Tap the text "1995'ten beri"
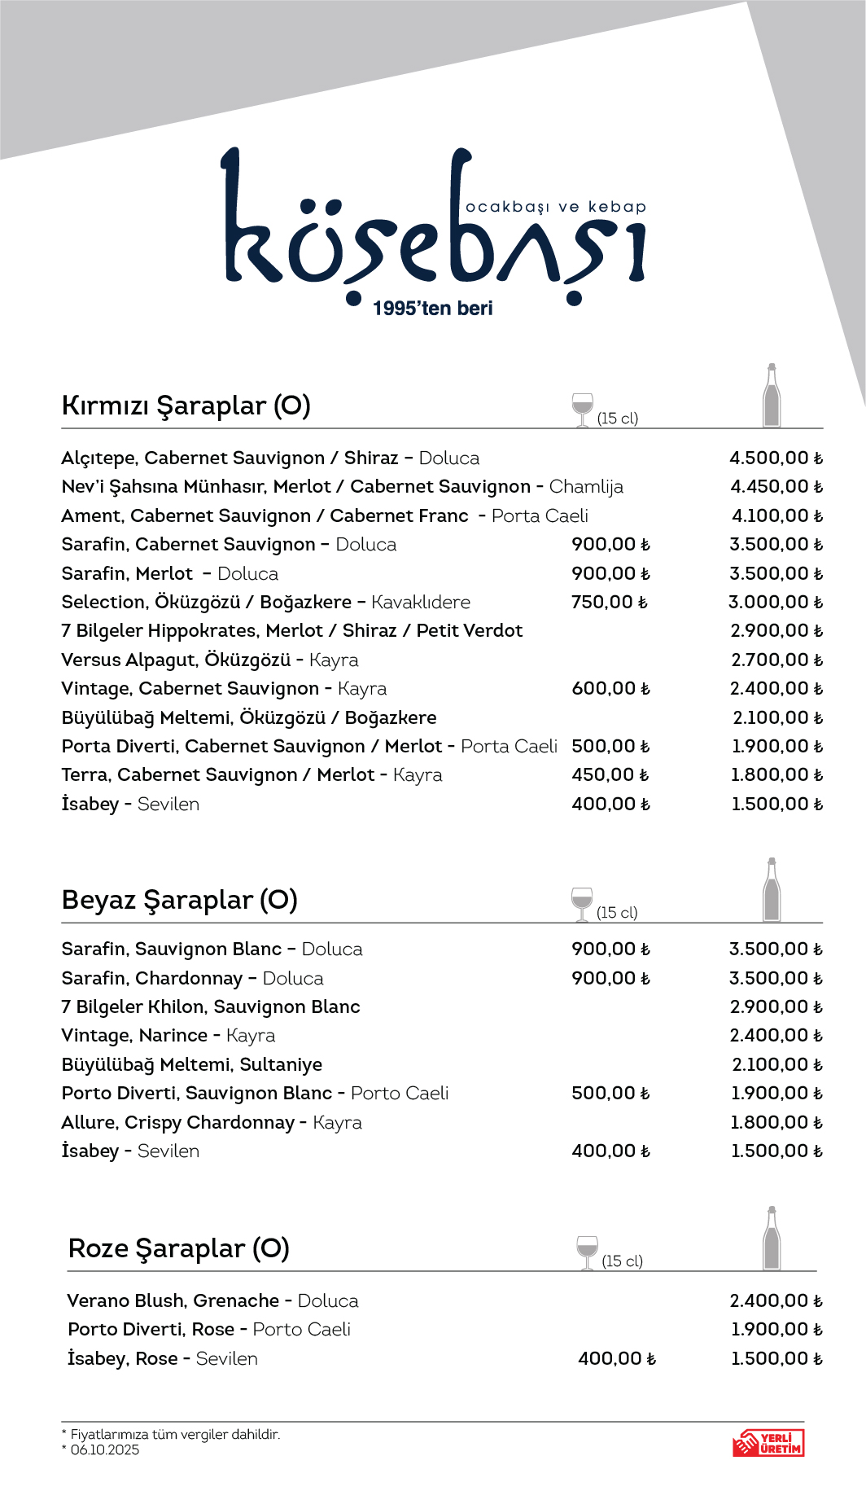(433, 309)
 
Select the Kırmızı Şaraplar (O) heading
(186, 406)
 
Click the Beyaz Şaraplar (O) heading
(179, 900)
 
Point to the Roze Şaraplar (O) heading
(179, 1248)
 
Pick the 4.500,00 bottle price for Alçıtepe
(776, 458)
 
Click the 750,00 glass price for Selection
(609, 603)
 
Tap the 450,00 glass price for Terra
(610, 775)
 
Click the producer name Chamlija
(586, 487)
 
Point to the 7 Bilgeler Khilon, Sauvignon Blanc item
(211, 1007)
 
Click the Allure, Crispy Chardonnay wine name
(177, 1123)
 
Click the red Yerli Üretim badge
(768, 1443)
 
